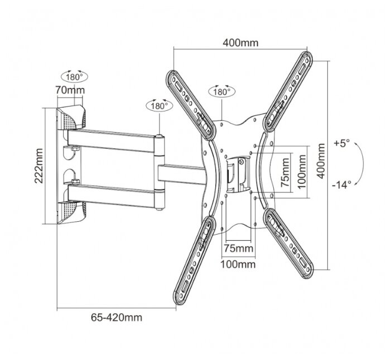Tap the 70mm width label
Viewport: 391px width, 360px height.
tap(70, 90)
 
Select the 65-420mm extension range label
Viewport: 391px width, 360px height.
tap(116, 318)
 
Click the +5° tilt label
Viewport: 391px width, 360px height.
tap(342, 143)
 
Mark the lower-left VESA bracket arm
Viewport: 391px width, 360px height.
tap(195, 254)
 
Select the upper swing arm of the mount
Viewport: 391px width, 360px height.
tap(114, 138)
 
